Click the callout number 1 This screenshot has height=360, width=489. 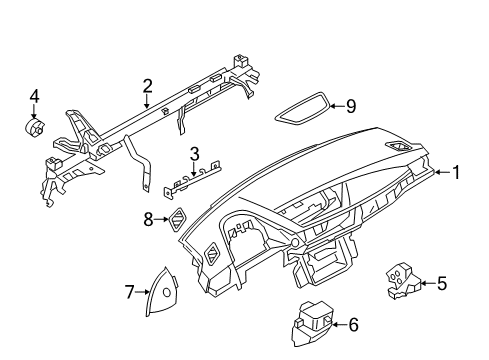point(456,172)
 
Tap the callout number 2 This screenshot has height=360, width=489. point(147,86)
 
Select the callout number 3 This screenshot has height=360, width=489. point(194,154)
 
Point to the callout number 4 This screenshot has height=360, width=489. point(34,96)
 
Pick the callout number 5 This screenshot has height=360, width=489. point(442,283)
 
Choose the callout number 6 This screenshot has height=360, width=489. point(353,324)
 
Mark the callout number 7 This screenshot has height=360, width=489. point(129,292)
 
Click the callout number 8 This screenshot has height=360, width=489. point(148,219)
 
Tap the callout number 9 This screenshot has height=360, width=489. point(351,106)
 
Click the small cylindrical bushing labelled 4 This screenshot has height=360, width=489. point(34,127)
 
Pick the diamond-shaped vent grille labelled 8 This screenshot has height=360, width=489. point(177,219)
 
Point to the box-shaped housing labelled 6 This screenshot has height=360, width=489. point(313,323)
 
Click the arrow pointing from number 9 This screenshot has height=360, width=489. point(338,106)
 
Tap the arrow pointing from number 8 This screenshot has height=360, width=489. point(162,219)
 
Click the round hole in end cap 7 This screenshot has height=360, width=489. point(167,292)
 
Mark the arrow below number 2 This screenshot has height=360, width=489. point(147,101)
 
